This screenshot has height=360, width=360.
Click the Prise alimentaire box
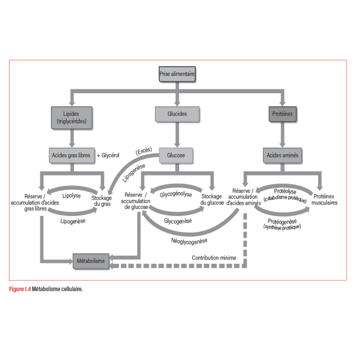click(177, 74)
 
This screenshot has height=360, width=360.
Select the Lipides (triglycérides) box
click(72, 118)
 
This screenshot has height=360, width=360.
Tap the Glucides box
click(177, 114)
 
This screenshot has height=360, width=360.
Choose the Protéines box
click(283, 114)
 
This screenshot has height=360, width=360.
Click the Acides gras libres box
click(72, 155)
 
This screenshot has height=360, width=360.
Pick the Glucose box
click(176, 155)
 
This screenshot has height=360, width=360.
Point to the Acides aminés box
click(283, 155)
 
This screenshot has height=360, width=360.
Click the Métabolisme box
click(91, 261)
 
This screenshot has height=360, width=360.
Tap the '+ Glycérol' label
click(108, 155)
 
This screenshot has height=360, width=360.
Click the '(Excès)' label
click(144, 151)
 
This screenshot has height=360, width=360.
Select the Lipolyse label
click(72, 196)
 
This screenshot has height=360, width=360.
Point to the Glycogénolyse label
click(176, 194)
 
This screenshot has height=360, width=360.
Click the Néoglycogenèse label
click(189, 241)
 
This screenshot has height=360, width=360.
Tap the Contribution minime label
click(214, 258)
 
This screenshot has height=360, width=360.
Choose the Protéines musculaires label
click(324, 199)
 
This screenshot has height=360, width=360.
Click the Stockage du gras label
click(102, 201)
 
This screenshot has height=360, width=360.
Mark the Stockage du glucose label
click(212, 199)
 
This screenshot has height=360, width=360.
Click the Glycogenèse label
click(178, 221)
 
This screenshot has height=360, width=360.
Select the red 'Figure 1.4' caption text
click(20, 289)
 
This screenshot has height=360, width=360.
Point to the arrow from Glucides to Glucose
click(177, 135)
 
